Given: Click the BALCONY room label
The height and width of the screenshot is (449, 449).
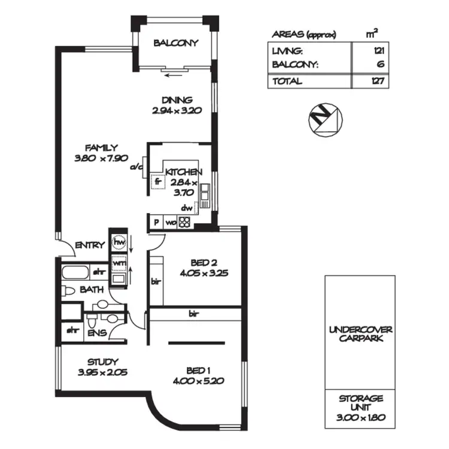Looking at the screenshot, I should pyautogui.click(x=175, y=43).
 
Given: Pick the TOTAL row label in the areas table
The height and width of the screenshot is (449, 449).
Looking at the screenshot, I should pyautogui.click(x=287, y=81).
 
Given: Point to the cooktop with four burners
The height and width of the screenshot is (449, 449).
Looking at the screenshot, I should pyautogui.click(x=184, y=223).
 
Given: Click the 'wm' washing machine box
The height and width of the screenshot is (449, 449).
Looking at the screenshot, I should pyautogui.click(x=119, y=263).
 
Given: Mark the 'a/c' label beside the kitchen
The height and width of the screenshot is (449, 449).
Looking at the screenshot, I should pyautogui.click(x=136, y=168).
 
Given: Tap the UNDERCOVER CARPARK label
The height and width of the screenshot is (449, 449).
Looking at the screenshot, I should pyautogui.click(x=360, y=334).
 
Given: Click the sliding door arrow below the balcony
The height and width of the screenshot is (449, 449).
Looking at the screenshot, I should pyautogui.click(x=175, y=75).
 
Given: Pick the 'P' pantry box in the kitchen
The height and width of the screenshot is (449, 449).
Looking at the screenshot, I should pyautogui.click(x=156, y=223).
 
